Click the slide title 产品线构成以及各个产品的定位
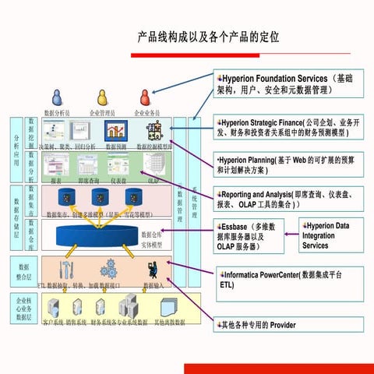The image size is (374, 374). (x=208, y=37)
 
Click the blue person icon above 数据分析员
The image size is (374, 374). (x=57, y=97)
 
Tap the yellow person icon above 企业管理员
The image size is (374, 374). (x=101, y=97)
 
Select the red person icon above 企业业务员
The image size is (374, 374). (x=145, y=97)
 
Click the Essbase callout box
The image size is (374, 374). (x=252, y=236)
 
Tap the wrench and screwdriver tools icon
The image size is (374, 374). (x=66, y=269)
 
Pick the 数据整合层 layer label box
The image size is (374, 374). (x=23, y=270)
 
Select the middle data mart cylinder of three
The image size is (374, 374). (x=100, y=198)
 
